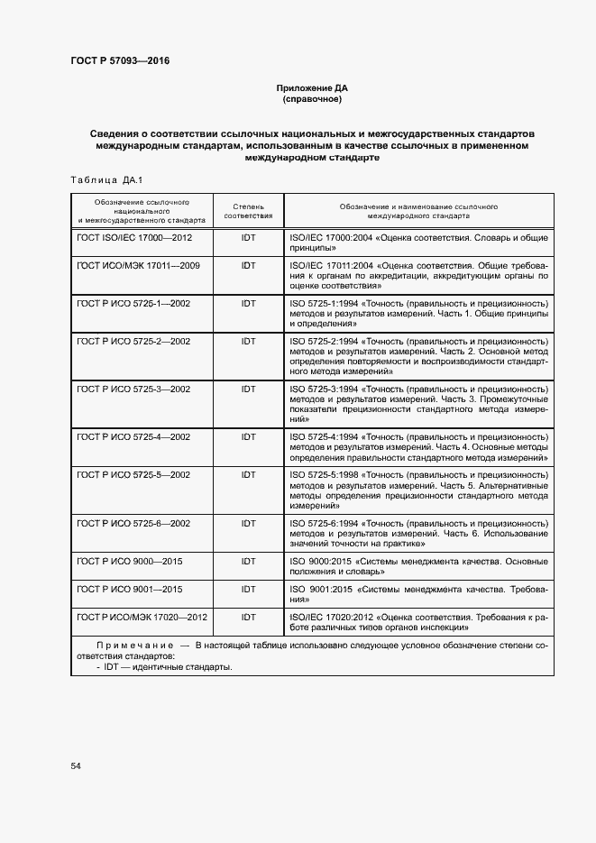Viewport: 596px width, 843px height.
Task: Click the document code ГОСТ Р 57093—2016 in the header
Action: tap(120, 61)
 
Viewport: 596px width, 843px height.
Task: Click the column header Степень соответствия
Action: tap(248, 212)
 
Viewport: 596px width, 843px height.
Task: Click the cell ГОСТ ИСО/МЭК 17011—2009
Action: tap(138, 266)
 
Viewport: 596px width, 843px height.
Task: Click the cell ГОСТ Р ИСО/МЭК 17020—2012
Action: tap(142, 617)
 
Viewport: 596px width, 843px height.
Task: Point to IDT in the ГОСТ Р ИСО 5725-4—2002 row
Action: tap(248, 436)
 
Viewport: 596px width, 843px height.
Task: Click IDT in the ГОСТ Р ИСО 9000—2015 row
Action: tap(248, 562)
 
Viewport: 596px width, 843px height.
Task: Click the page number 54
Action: tap(76, 765)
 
